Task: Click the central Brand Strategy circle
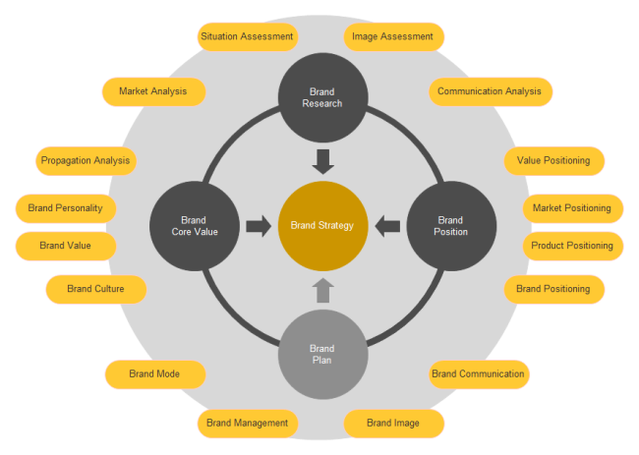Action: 322,226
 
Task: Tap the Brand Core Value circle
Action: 194,226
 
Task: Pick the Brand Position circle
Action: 450,226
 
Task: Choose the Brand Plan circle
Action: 322,354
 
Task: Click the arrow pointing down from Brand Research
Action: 322,160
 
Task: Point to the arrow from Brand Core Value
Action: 259,226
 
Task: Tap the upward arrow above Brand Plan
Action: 322,290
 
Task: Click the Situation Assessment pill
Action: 247,36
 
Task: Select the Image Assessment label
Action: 393,36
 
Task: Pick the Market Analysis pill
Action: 153,91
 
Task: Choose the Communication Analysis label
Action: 490,91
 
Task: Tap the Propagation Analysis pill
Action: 86,159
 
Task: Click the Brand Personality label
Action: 66,208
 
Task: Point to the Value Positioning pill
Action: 553,159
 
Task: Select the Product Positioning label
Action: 572,246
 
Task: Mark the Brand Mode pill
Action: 154,374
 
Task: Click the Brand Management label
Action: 247,424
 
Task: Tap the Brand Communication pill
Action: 479,374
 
